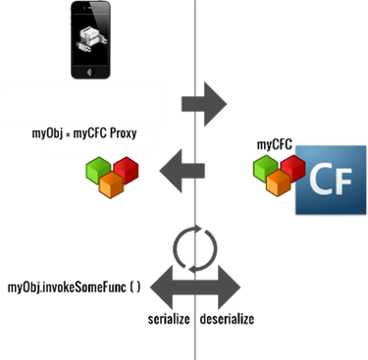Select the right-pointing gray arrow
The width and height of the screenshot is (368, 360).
(203, 105)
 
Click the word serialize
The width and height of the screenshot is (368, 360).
(168, 320)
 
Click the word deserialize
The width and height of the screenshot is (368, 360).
(227, 320)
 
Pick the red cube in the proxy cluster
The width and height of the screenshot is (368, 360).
(125, 168)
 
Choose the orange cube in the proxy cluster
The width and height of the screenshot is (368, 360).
(111, 185)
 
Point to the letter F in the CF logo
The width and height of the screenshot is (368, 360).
(343, 182)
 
